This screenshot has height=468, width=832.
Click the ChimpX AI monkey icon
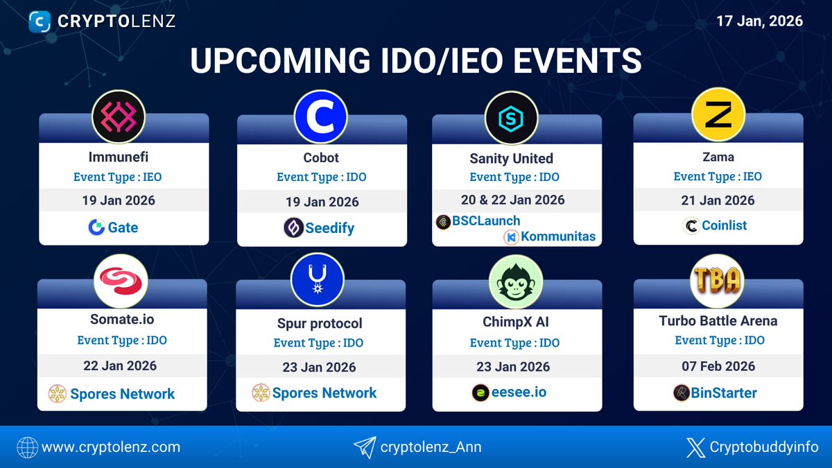[x=515, y=281]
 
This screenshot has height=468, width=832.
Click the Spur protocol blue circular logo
[x=318, y=281]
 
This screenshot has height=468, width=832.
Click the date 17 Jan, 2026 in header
[x=759, y=21]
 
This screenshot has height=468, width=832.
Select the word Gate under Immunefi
[x=123, y=227]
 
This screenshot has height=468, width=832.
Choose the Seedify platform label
[x=330, y=227]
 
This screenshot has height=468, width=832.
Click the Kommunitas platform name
[x=558, y=237]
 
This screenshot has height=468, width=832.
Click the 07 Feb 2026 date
[x=718, y=366]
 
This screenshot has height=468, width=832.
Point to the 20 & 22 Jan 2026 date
[x=512, y=200]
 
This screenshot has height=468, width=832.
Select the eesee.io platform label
[x=520, y=392]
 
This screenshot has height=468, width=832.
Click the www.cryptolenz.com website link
[x=111, y=447]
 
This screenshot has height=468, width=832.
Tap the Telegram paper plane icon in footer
[x=364, y=447]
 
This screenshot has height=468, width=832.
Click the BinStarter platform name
[x=724, y=393]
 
